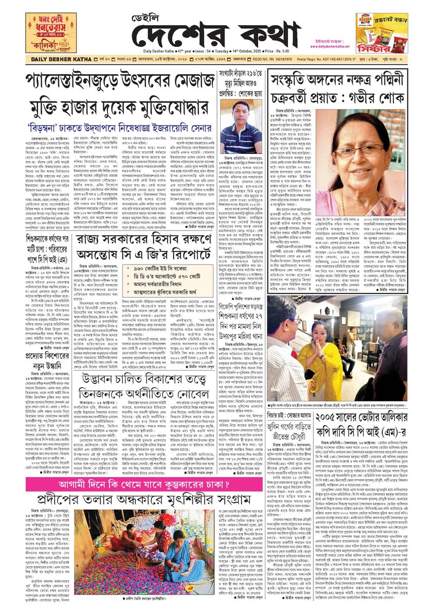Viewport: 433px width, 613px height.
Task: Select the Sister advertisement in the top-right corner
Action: coord(382,31)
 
